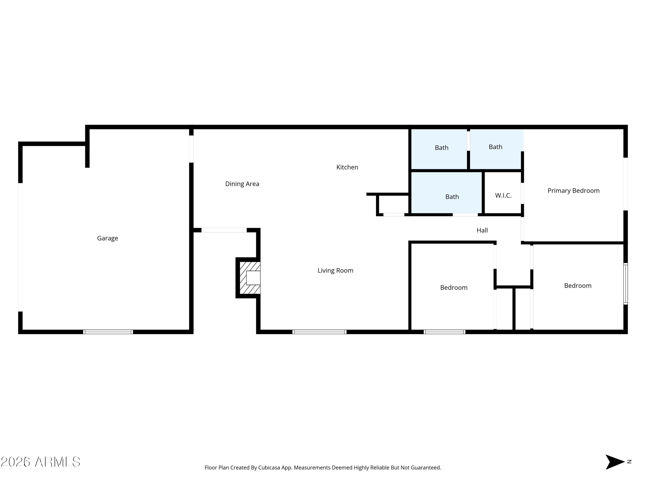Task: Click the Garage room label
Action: pos(107,238)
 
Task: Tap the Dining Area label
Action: pos(242,184)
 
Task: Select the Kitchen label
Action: pos(347,167)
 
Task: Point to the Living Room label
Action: pos(335,270)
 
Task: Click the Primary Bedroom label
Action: pos(573,191)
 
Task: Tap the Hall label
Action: pos(482,230)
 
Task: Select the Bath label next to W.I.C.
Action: pos(452,197)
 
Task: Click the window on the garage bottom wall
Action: pos(108,332)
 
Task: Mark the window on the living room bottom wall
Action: pos(319,332)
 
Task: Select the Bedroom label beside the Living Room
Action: pos(453,288)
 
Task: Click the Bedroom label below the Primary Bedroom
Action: pos(577,286)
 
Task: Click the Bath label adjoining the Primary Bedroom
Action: pos(495,147)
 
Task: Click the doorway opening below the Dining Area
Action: pos(224,230)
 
